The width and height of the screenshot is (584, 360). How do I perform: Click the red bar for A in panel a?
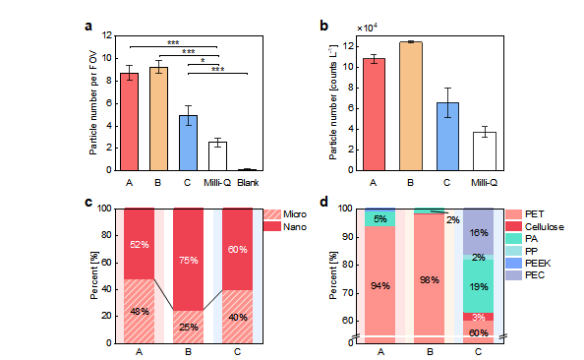(x=129, y=122)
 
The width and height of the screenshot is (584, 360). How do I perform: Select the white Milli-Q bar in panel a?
(x=217, y=156)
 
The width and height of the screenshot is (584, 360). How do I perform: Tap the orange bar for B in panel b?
(x=411, y=106)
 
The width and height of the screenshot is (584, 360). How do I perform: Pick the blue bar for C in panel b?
(x=447, y=137)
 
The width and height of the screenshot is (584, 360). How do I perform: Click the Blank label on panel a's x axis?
(x=248, y=183)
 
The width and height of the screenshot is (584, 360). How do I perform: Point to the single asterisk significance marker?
(x=203, y=60)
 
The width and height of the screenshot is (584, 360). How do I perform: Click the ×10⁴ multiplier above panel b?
(x=368, y=28)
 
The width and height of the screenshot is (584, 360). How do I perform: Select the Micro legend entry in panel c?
(x=285, y=214)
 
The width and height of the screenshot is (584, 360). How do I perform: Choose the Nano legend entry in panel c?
(x=285, y=226)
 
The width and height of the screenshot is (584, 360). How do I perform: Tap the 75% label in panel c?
(x=189, y=260)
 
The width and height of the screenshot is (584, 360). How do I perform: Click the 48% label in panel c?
(x=140, y=311)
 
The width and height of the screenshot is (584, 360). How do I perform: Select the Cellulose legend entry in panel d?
(x=535, y=226)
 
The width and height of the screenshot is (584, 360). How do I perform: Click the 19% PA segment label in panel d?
(x=479, y=286)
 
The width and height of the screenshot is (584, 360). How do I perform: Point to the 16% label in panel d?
(x=479, y=233)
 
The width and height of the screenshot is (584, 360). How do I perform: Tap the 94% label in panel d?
(x=380, y=286)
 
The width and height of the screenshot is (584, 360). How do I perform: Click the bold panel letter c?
(x=88, y=202)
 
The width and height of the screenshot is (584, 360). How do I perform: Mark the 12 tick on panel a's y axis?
(x=107, y=35)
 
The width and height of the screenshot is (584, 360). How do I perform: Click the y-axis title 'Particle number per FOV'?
(x=92, y=103)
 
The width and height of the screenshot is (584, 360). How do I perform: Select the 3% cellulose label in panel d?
(x=479, y=317)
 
